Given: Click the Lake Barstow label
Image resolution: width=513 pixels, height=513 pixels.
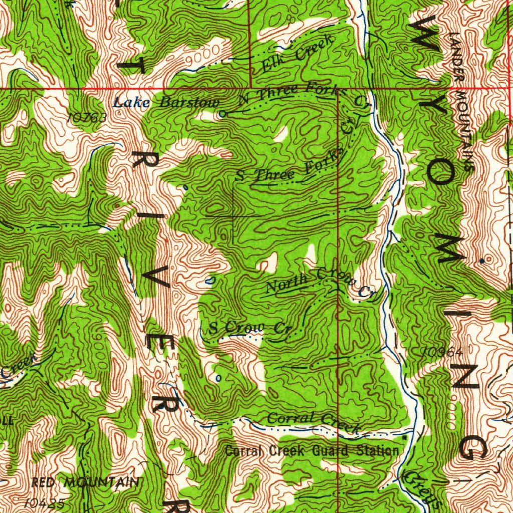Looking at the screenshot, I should click(x=166, y=103).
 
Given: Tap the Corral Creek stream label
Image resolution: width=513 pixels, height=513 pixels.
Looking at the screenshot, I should click(x=313, y=421).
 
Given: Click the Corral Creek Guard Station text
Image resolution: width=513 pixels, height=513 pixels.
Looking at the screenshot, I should click(x=312, y=450).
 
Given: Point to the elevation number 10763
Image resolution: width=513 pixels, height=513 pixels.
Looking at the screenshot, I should click(x=87, y=117).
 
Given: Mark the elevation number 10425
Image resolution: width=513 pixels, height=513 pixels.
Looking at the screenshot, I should click(x=44, y=502).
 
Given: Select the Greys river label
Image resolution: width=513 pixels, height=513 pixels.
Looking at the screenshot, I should click(x=422, y=489).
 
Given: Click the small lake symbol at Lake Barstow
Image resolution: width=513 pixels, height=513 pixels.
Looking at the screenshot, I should click(x=223, y=114).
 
